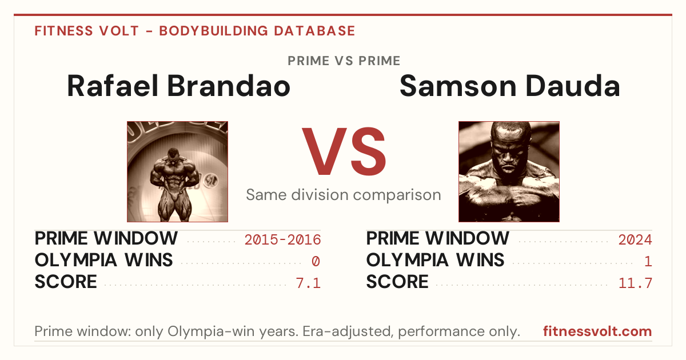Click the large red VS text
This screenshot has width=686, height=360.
[344, 151]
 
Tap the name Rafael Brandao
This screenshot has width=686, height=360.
[178, 86]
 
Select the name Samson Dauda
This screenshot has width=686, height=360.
[510, 86]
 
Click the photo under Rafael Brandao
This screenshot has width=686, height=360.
[177, 171]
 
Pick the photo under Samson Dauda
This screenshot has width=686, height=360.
[509, 171]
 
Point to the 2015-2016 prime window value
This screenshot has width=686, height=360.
[282, 239]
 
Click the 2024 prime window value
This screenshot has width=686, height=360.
[635, 239]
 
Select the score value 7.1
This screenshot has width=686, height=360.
[308, 283]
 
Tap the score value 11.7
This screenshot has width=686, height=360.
[636, 283]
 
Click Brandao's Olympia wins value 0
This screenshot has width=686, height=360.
[316, 262]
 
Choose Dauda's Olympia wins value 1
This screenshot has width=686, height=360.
[648, 262]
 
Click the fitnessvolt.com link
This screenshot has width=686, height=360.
[597, 331]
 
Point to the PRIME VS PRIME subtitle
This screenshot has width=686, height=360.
[344, 61]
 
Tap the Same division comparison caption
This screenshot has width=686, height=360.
[344, 195]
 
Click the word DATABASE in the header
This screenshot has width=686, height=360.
[314, 31]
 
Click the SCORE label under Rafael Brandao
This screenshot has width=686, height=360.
[66, 282]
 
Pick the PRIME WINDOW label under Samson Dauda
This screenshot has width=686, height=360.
[438, 238]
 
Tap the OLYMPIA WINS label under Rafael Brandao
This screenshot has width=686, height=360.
[103, 260]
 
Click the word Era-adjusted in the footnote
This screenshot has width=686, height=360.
[348, 331]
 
